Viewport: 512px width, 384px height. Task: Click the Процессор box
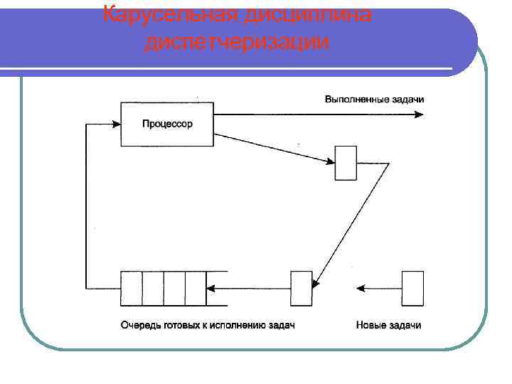click(168, 124)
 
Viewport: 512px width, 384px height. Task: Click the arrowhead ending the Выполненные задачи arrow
click(420, 114)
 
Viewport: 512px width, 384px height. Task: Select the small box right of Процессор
click(346, 163)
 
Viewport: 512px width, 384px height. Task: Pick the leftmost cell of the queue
click(132, 288)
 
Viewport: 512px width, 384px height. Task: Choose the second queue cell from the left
click(153, 288)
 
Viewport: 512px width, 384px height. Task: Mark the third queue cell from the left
click(174, 288)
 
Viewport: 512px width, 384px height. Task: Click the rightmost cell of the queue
click(196, 288)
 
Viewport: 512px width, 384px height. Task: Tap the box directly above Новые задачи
click(412, 288)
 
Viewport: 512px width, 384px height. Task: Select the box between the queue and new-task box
click(302, 288)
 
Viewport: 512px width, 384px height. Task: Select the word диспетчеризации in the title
click(237, 42)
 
